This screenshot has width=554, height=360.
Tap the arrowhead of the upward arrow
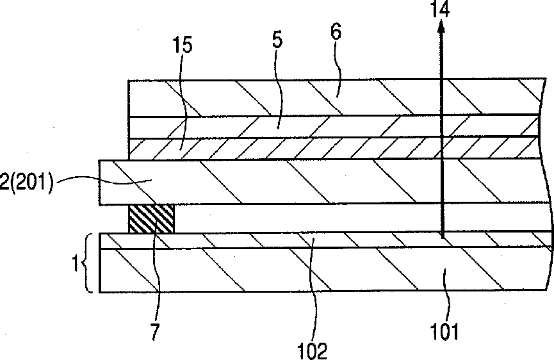pos(441,27)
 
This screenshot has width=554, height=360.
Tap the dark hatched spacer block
pos(151,219)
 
